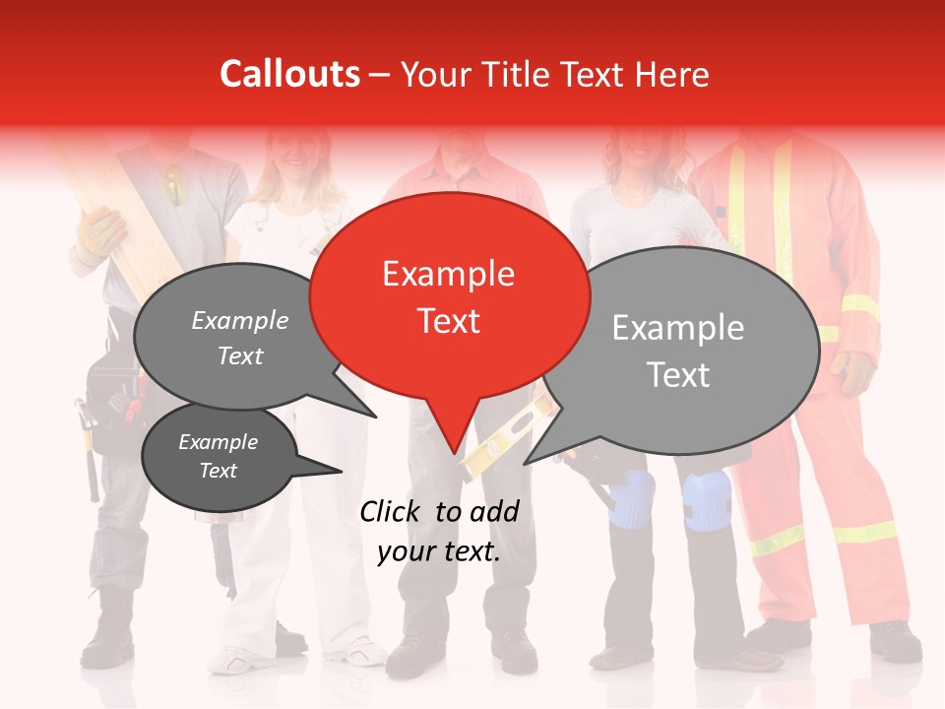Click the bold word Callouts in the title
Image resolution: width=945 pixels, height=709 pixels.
click(289, 74)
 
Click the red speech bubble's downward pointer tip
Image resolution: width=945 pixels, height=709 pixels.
click(454, 452)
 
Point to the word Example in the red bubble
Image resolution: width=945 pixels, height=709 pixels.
click(448, 274)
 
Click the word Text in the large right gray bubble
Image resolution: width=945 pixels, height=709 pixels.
click(678, 375)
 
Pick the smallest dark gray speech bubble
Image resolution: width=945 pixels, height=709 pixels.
click(220, 456)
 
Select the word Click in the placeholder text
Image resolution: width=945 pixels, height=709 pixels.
click(394, 511)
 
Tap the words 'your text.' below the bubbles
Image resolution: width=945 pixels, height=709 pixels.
click(439, 551)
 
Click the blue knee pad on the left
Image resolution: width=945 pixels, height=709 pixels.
click(631, 497)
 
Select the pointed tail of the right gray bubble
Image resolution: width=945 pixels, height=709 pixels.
click(528, 461)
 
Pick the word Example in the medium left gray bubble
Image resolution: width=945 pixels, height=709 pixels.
click(240, 320)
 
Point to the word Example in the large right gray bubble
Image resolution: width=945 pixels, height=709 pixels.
click(678, 328)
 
